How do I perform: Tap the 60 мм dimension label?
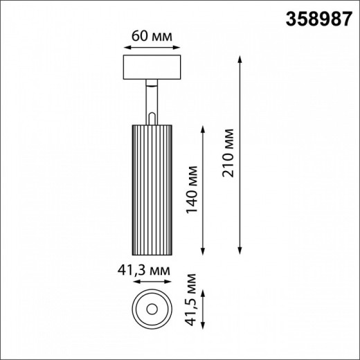click(150, 37)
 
